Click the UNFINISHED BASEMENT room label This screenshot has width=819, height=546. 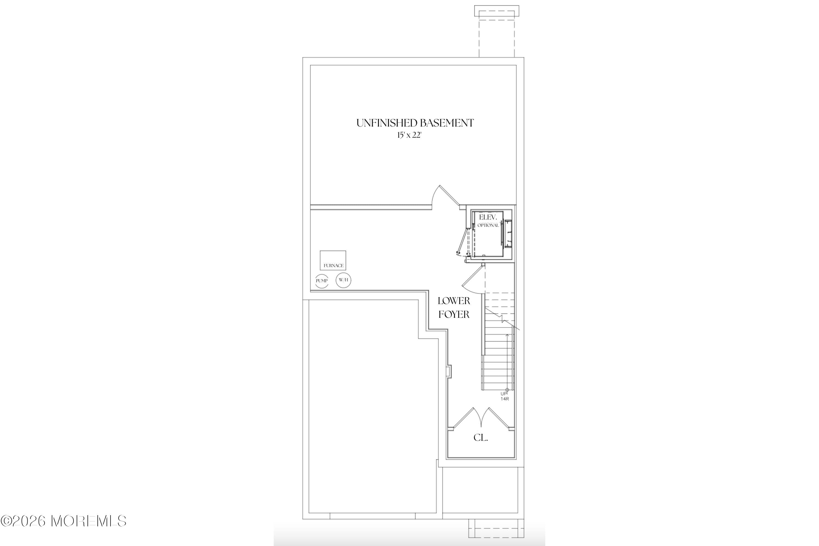pos(415,123)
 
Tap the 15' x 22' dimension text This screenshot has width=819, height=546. pos(409,135)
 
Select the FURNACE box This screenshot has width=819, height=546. pos(333,260)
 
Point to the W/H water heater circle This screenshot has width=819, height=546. pos(343,280)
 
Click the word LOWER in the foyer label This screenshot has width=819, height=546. pos(454,301)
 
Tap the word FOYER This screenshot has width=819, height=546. pos(454,314)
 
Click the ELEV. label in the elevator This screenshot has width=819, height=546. pos(486,217)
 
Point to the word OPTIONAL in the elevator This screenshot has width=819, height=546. pos(488,225)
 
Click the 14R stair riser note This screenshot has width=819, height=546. pos(505,399)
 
